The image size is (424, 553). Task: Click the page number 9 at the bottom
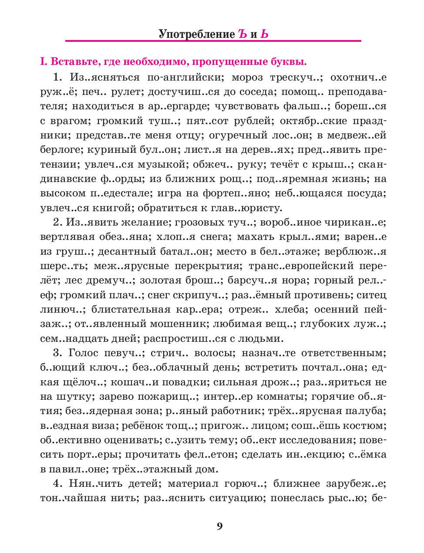(x=219, y=526)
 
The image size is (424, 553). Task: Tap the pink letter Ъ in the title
(x=242, y=34)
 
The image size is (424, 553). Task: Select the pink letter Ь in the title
(x=264, y=34)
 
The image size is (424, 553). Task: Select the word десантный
(x=131, y=252)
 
